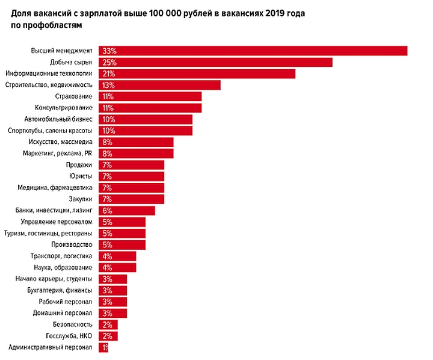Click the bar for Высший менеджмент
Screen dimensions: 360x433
pyautogui.click(x=253, y=51)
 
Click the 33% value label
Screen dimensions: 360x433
pyautogui.click(x=109, y=51)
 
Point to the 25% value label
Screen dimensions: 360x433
pyautogui.click(x=109, y=62)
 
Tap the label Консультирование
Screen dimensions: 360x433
pyautogui.click(x=66, y=108)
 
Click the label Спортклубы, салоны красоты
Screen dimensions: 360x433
pyautogui.click(x=50, y=131)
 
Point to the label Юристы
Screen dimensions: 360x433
pyautogui.click(x=81, y=176)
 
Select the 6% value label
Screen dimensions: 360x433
pyautogui.click(x=108, y=210)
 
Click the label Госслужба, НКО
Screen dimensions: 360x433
pyautogui.click(x=69, y=336)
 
